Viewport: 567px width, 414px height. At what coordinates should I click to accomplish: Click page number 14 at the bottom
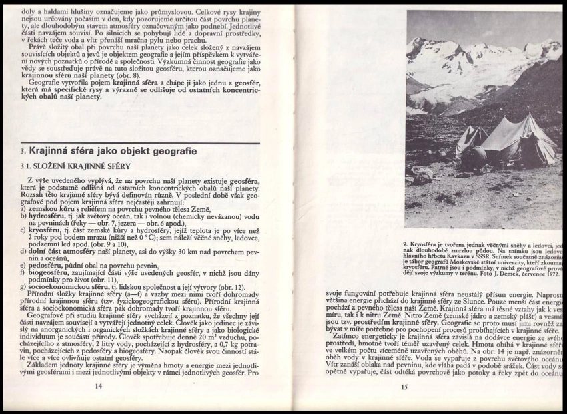(98, 385)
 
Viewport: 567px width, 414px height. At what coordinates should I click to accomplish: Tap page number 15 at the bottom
(404, 386)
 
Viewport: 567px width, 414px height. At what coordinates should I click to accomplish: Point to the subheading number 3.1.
(27, 166)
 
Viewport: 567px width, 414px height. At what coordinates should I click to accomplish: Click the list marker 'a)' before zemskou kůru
(24, 209)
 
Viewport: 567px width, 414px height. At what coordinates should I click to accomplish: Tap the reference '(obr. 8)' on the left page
(139, 75)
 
